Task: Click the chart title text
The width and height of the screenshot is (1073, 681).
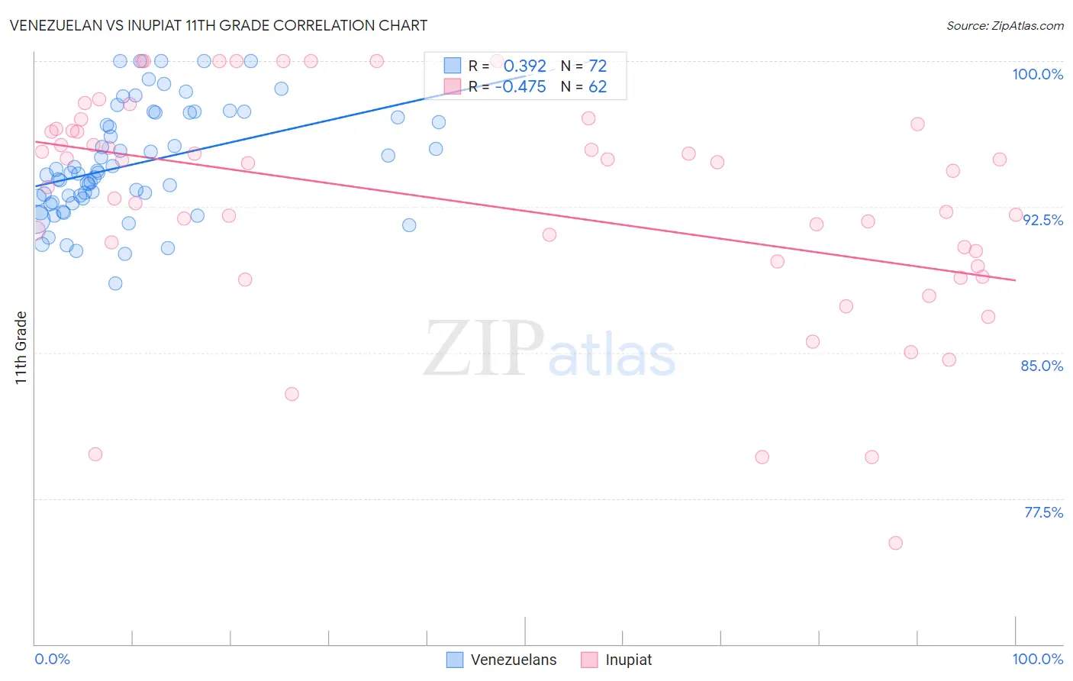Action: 218,25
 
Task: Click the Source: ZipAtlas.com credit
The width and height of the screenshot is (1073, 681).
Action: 1004,25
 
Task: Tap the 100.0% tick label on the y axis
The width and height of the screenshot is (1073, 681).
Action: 1037,74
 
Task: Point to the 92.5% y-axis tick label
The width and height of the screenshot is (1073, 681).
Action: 1042,220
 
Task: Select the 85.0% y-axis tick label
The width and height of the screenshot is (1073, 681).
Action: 1042,366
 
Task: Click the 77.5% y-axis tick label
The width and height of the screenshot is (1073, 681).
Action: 1043,512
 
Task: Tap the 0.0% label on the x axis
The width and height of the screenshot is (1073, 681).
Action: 52,659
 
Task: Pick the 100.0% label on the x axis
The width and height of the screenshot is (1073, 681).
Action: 1037,659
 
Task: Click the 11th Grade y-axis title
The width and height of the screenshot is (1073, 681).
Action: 21,347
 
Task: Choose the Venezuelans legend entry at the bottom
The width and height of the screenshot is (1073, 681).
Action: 513,660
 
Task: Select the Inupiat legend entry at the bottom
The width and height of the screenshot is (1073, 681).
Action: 628,660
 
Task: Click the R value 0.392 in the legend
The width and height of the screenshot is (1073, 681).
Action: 524,66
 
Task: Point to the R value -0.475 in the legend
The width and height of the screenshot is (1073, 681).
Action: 520,87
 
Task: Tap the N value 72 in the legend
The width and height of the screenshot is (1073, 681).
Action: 598,66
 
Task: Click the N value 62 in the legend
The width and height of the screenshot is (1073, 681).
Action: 598,87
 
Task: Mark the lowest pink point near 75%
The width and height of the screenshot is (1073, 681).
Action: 895,543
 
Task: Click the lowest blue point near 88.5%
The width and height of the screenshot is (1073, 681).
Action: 115,283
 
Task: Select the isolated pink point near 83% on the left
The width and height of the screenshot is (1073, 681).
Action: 292,394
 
